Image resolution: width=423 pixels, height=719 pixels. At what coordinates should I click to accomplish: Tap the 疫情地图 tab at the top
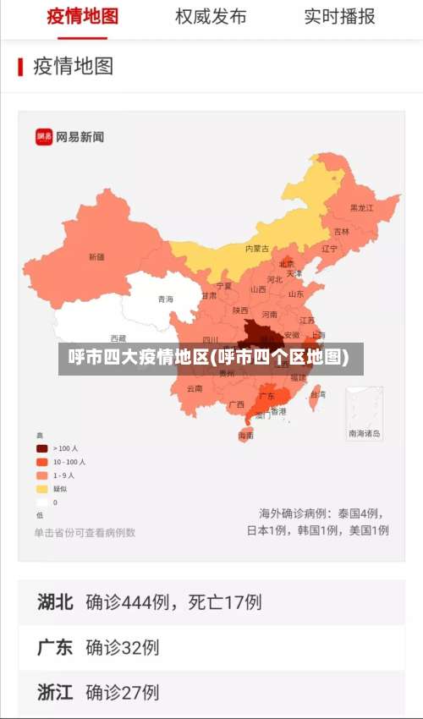click(x=82, y=16)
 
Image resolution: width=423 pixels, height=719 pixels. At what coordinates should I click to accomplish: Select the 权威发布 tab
click(x=211, y=16)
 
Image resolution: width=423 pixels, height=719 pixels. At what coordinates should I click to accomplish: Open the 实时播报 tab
click(x=339, y=16)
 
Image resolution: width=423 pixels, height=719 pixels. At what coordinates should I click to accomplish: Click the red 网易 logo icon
click(x=43, y=137)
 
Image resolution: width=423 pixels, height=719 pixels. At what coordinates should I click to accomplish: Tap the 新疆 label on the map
click(x=96, y=256)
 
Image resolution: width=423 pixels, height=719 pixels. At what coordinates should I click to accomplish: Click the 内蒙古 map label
click(x=257, y=249)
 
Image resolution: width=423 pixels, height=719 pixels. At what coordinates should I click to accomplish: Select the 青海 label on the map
click(x=165, y=299)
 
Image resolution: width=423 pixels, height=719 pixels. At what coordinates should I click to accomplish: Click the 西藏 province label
click(x=118, y=338)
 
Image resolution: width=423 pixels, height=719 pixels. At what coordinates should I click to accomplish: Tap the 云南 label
click(x=195, y=389)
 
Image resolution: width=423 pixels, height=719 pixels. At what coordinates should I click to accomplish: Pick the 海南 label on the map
click(x=245, y=436)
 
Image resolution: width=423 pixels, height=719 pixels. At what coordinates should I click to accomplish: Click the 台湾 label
click(x=317, y=394)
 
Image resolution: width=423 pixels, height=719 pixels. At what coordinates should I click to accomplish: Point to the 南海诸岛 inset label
click(x=364, y=434)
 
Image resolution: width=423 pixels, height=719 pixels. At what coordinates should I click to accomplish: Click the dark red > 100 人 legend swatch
click(x=41, y=448)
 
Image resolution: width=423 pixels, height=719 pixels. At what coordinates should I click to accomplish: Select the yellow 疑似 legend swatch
click(x=41, y=489)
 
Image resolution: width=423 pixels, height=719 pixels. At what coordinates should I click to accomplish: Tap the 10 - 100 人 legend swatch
click(x=41, y=462)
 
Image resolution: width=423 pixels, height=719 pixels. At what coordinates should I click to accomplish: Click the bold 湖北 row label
click(x=55, y=602)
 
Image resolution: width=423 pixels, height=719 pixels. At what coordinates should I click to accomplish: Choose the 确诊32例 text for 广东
click(x=123, y=648)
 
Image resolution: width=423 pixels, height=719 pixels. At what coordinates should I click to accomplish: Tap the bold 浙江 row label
click(x=55, y=693)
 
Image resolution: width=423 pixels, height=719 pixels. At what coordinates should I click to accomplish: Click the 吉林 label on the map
click(x=341, y=231)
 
